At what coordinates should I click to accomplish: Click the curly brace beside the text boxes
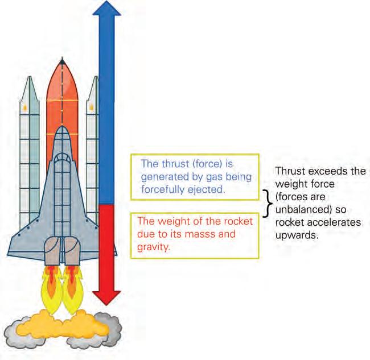click(266, 199)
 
